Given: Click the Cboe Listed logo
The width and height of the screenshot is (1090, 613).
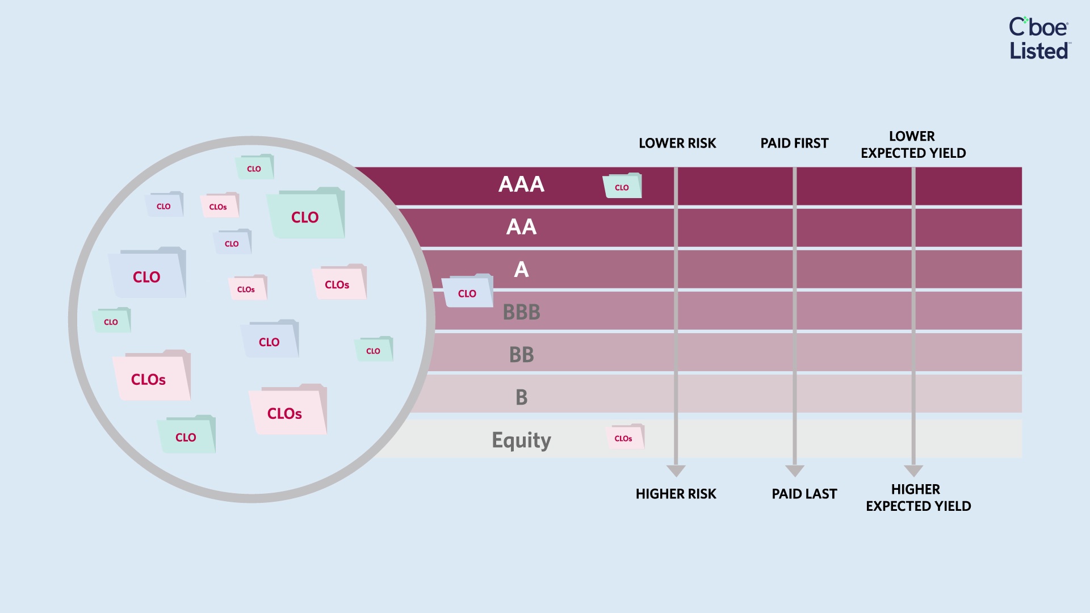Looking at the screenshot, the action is (x=1039, y=39).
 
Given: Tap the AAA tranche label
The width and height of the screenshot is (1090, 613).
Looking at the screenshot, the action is (x=521, y=184).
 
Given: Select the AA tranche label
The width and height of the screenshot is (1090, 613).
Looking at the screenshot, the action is (x=521, y=227).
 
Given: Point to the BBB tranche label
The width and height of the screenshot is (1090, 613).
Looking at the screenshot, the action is (x=521, y=312).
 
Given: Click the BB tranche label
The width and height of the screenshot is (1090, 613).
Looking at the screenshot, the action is (x=521, y=355).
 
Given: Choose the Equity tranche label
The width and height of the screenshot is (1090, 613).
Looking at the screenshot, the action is (x=521, y=440).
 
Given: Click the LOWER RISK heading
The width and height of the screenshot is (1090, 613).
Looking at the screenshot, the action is (x=677, y=143).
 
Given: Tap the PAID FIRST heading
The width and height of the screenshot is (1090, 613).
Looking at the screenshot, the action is (x=794, y=143).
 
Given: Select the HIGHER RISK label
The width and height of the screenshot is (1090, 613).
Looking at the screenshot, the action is (x=676, y=494).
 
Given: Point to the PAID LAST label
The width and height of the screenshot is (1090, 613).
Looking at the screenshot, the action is (x=804, y=494).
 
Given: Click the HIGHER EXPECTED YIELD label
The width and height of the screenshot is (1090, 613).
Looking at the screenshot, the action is (x=918, y=498).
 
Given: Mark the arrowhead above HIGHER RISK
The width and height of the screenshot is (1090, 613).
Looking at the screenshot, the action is (x=676, y=471).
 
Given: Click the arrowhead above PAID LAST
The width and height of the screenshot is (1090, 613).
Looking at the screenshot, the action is (x=794, y=471).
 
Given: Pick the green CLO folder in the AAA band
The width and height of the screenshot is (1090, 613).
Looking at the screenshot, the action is (x=622, y=186).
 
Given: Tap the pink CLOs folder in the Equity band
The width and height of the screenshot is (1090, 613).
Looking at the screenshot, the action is (x=625, y=436).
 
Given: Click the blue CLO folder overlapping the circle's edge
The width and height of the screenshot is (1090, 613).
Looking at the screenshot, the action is (x=467, y=291).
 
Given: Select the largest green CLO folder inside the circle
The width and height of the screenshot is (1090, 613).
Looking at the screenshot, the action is (x=305, y=213).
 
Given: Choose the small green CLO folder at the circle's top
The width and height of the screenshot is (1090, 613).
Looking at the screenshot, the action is (x=255, y=167).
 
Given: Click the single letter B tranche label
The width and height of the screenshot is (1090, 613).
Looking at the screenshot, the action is (x=521, y=397).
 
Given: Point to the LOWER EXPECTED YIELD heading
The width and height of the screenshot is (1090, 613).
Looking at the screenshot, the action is (x=913, y=145).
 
